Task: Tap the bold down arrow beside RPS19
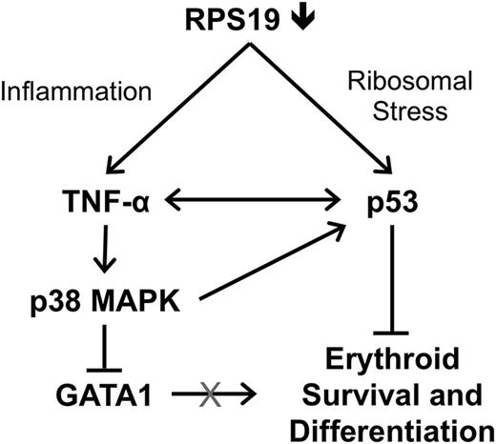click(301, 19)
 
